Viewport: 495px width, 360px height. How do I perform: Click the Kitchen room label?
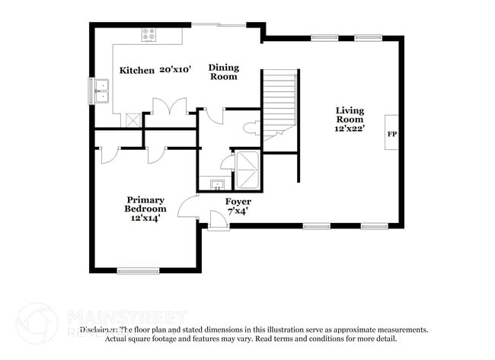click(x=137, y=70)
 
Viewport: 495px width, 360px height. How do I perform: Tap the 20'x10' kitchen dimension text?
click(x=175, y=70)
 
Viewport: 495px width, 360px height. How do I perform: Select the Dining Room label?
click(x=223, y=72)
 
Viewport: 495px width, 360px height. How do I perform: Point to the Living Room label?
click(x=350, y=115)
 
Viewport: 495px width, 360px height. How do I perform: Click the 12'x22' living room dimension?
click(x=350, y=129)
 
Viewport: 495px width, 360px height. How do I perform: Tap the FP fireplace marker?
click(x=391, y=134)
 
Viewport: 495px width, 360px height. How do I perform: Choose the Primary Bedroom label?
click(x=145, y=204)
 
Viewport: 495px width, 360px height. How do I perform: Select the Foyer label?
click(x=238, y=202)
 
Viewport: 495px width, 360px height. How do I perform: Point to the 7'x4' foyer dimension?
click(x=238, y=212)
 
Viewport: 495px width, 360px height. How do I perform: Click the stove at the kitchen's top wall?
click(x=148, y=34)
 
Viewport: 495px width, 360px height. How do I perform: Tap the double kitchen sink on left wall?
click(x=102, y=91)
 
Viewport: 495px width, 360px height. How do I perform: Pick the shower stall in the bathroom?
click(x=247, y=169)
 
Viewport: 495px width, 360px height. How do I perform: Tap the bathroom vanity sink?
click(x=216, y=184)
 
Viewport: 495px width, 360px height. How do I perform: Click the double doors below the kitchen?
click(x=169, y=108)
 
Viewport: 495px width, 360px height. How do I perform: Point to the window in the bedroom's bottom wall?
click(x=138, y=269)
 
